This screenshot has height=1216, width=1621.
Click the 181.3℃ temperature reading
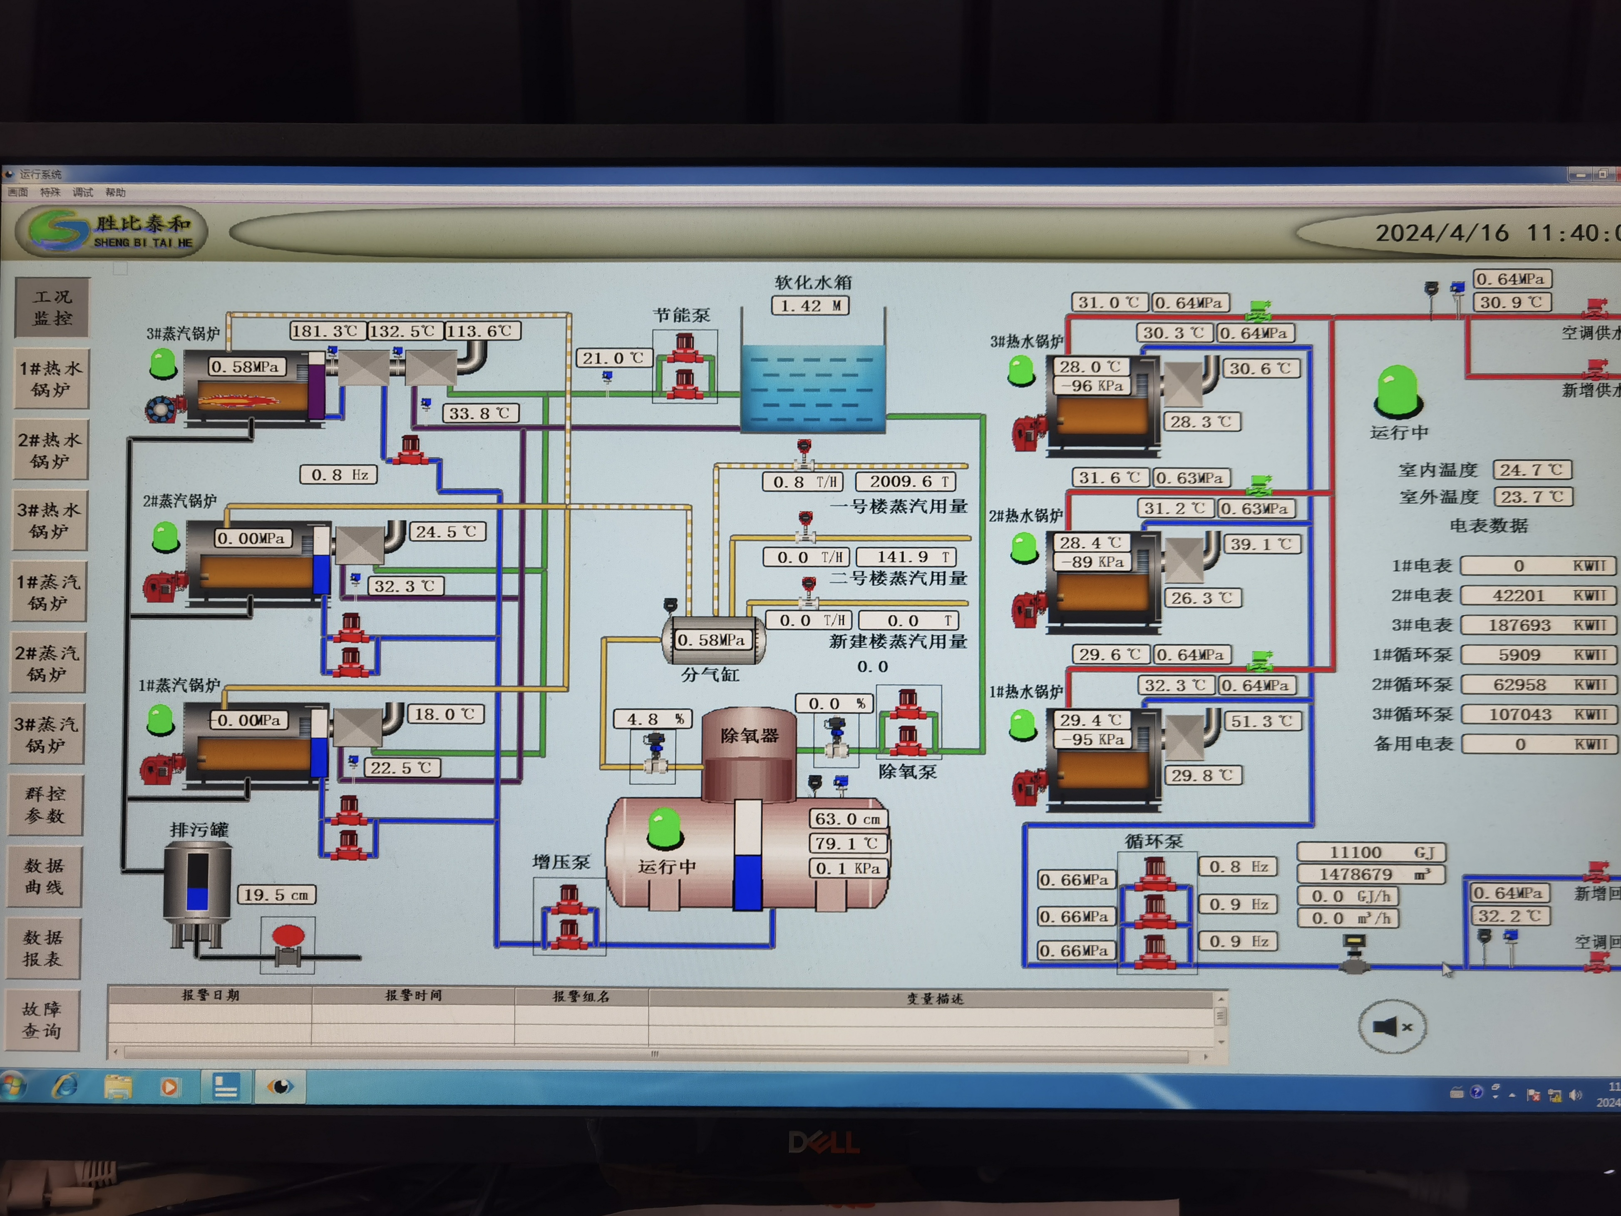click(325, 331)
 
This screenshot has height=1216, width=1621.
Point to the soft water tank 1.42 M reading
click(810, 306)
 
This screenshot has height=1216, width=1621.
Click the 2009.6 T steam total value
click(906, 482)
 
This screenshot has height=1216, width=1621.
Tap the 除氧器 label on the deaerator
click(749, 735)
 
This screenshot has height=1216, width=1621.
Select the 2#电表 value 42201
click(1519, 596)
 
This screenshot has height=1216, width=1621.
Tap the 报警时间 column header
click(413, 995)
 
